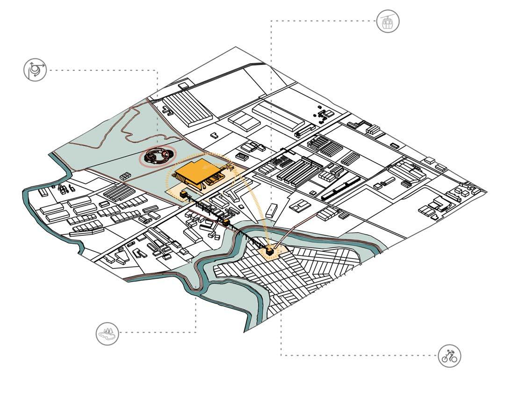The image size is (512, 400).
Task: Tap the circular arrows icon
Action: tap(35, 70)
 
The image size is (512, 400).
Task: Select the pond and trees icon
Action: tap(108, 333)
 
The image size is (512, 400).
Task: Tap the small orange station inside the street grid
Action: tap(270, 252)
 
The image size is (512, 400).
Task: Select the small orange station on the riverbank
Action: tap(226, 223)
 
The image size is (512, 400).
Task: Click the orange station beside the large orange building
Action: tap(184, 194)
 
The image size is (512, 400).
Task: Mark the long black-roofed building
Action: tap(340, 189)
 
